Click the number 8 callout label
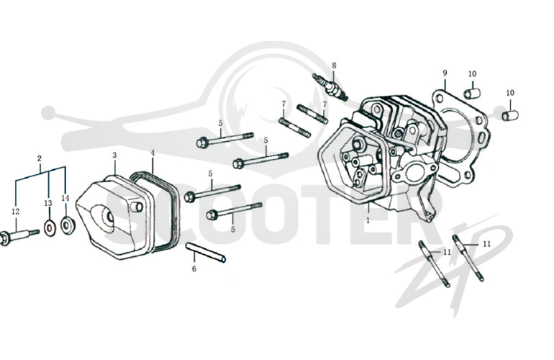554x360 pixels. [334, 66]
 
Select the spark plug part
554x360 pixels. [330, 87]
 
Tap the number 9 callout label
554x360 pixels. [445, 73]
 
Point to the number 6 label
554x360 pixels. [194, 269]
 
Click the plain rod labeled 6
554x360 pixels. [206, 253]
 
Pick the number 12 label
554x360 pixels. [15, 212]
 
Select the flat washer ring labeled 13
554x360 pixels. [50, 228]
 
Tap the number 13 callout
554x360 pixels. [48, 203]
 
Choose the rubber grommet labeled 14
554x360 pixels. [67, 225]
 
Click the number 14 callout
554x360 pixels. [65, 198]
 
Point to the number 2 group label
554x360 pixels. [40, 158]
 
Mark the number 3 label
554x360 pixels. [114, 155]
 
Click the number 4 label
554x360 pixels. [153, 153]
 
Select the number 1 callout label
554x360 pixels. [368, 220]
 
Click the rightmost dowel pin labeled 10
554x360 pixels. [511, 115]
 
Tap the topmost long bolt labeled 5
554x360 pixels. [225, 139]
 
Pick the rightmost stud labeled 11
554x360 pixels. [468, 258]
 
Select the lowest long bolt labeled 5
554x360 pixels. [235, 210]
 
